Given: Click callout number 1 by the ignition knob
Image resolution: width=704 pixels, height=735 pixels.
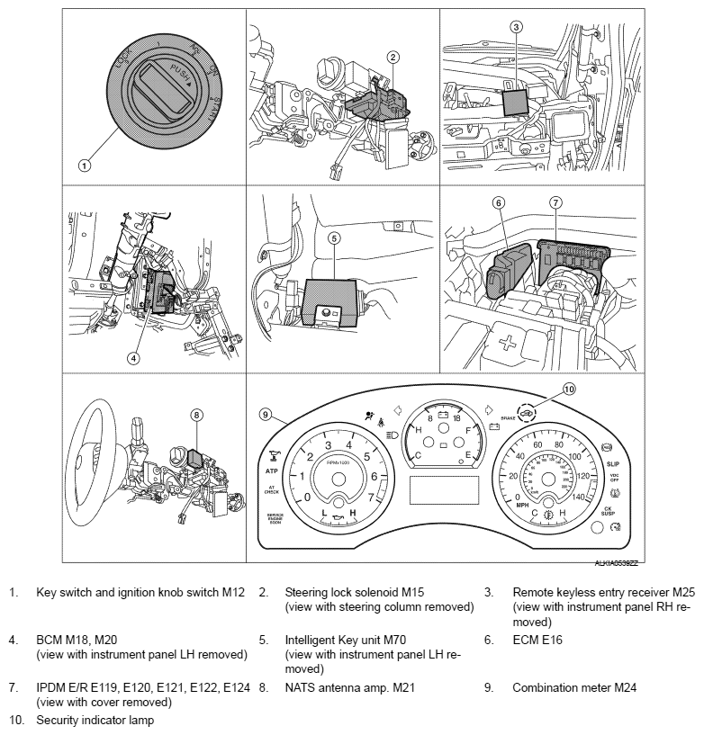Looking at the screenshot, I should pyautogui.click(x=84, y=165).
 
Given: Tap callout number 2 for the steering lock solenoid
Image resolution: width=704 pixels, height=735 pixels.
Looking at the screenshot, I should pyautogui.click(x=393, y=57).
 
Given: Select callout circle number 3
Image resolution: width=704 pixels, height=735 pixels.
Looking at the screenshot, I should pyautogui.click(x=516, y=27).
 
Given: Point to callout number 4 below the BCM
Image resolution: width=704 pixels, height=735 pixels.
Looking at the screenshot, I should pyautogui.click(x=133, y=357).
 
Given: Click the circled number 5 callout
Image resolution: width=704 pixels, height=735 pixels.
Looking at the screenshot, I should pyautogui.click(x=333, y=238).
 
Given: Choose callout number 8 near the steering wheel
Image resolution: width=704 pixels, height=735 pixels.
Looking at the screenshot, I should pyautogui.click(x=197, y=415).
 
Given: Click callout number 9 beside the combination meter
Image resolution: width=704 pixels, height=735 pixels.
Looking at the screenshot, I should pyautogui.click(x=266, y=415).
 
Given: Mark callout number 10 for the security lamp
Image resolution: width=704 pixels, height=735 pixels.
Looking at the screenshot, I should pyautogui.click(x=568, y=390).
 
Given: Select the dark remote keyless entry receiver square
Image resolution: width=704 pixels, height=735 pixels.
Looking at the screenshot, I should pyautogui.click(x=516, y=100).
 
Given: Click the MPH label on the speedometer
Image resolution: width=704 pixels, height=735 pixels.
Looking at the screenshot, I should pyautogui.click(x=521, y=506).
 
